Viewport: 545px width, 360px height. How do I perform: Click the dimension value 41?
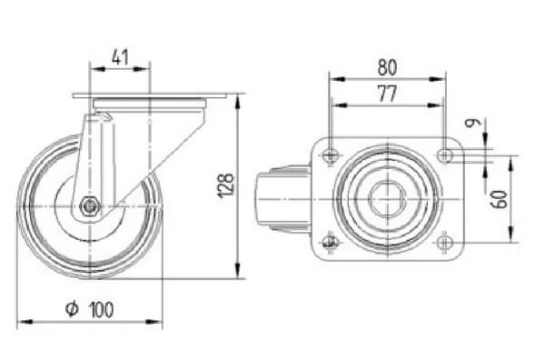tap(120, 57)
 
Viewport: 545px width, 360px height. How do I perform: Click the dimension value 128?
tap(225, 186)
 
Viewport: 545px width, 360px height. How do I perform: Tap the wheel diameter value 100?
tap(102, 309)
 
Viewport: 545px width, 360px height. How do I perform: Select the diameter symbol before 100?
tap(72, 309)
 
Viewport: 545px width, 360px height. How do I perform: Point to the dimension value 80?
tap(387, 67)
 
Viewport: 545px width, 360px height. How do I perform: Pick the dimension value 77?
tap(387, 94)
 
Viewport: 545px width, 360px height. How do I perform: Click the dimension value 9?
tap(473, 122)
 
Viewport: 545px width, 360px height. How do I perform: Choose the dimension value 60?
tap(500, 199)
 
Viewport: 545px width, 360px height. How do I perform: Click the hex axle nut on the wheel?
tap(90, 206)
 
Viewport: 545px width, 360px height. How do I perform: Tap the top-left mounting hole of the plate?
tap(330, 155)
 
